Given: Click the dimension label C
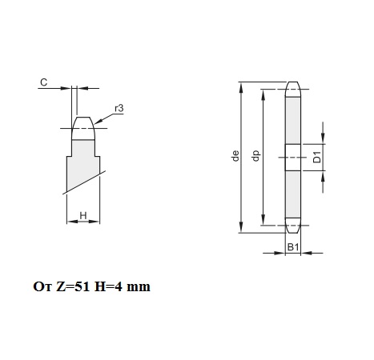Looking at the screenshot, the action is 44,82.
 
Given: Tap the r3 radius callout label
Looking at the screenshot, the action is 119,109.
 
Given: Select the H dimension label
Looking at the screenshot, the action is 83,215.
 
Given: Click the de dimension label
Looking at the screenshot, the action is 235,156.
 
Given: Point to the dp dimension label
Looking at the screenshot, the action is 255,156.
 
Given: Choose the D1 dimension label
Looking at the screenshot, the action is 317,157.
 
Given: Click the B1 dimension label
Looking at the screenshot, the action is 293,247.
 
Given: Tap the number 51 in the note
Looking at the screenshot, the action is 82,286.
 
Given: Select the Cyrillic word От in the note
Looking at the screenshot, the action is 42,286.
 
